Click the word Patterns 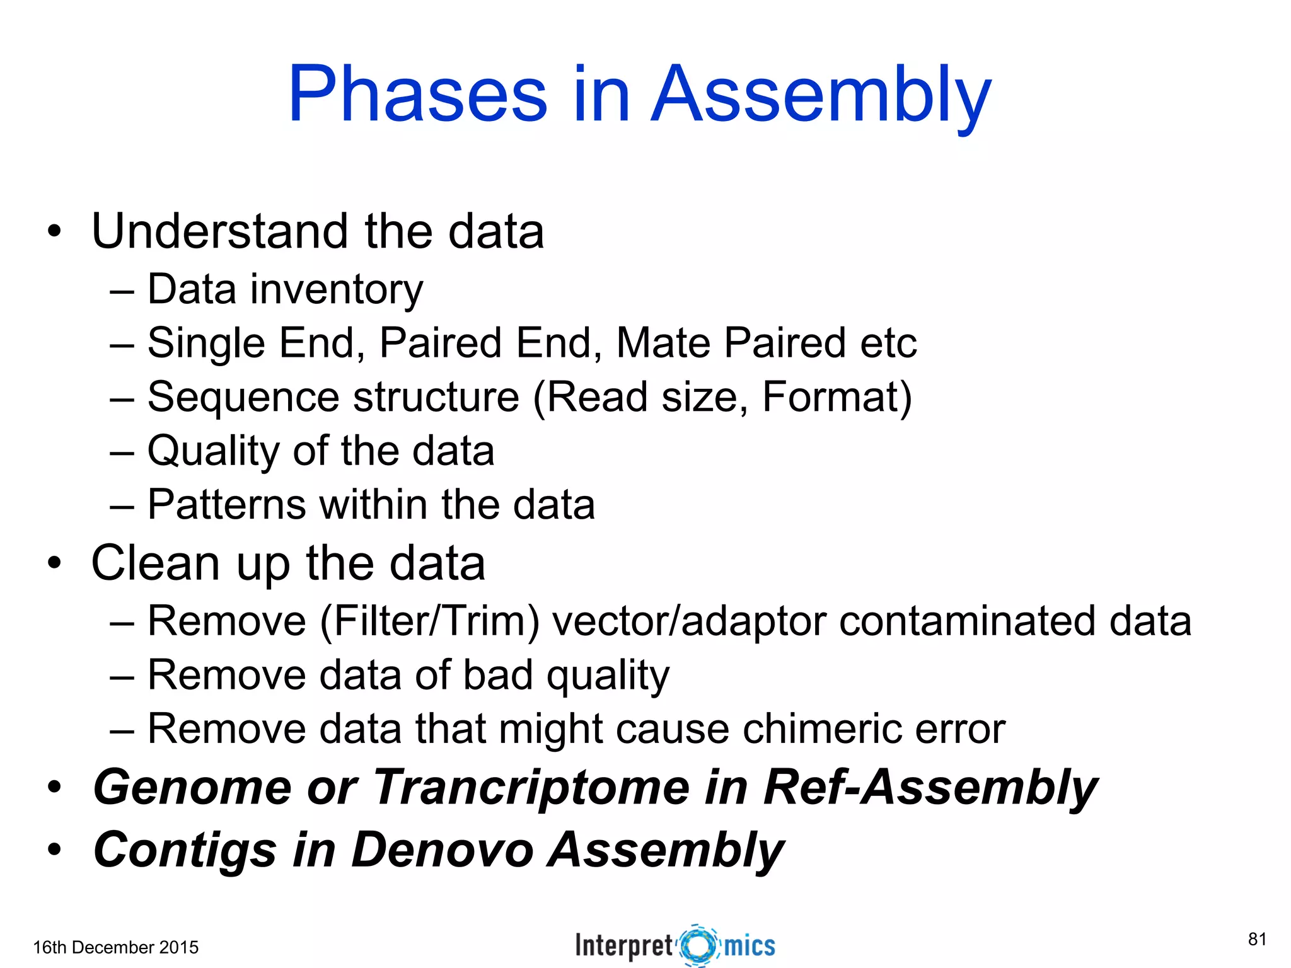227,505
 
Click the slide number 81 1257,939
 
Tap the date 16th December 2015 115,947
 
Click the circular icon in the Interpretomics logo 698,945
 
